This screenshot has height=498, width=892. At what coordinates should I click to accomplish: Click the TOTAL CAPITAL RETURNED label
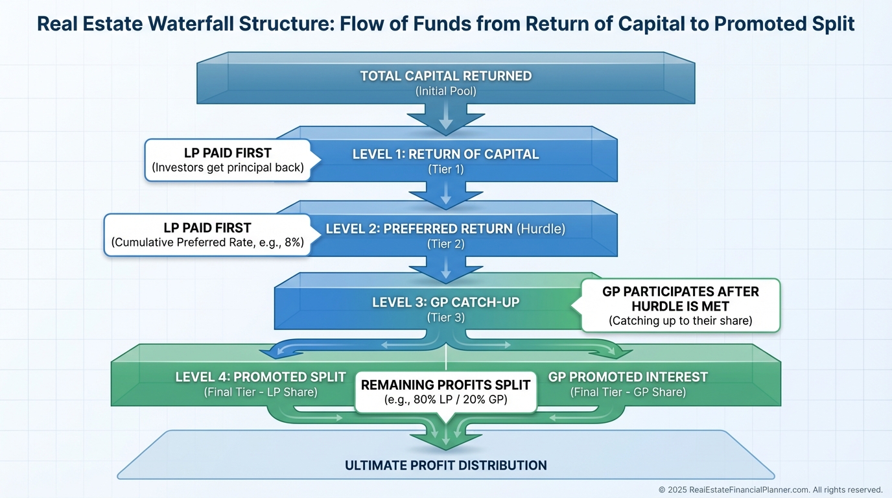(446, 76)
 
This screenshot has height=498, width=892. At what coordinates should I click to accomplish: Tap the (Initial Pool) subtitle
(446, 91)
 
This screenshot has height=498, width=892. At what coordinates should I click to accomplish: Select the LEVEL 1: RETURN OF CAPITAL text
(445, 154)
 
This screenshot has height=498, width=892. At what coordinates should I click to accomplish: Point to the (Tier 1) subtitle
(446, 169)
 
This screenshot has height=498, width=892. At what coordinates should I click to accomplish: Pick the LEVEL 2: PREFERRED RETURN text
(419, 229)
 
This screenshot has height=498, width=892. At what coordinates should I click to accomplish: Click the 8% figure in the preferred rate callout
(294, 243)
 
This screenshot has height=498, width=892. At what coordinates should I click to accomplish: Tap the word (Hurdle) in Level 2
(541, 229)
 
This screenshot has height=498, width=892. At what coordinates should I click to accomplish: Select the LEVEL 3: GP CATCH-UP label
(445, 302)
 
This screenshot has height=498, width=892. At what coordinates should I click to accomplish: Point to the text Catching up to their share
(681, 321)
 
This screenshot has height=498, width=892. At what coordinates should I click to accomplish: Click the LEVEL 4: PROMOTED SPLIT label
(261, 377)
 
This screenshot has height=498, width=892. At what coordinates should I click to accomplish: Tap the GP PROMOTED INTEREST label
(628, 377)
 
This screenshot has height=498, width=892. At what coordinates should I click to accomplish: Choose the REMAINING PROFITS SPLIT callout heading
(445, 385)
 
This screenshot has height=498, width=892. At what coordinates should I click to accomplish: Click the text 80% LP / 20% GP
(445, 399)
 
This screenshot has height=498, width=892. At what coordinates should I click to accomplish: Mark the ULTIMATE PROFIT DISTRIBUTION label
(445, 466)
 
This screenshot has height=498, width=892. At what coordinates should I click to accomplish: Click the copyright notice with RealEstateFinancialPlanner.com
(771, 490)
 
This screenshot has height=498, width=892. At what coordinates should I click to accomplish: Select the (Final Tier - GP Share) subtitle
(628, 392)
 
